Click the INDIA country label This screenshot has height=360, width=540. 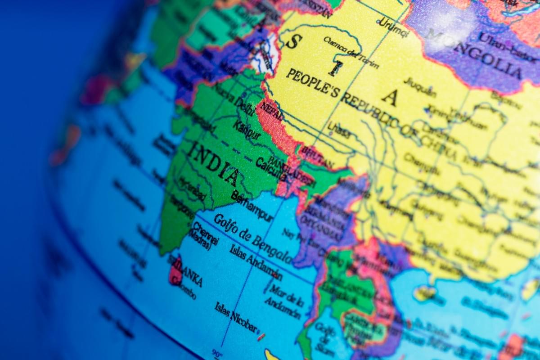click(214, 163)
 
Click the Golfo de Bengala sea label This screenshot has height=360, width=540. click(252, 238)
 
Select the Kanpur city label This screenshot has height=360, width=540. click(247, 130)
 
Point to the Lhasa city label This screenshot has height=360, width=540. click(339, 130)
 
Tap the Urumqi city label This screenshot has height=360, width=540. click(393, 27)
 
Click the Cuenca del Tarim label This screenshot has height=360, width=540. click(351, 52)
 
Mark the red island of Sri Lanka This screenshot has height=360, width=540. click(176, 272)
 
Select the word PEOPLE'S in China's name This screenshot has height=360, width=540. click(312, 83)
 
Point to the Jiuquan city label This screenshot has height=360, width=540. click(419, 87)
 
